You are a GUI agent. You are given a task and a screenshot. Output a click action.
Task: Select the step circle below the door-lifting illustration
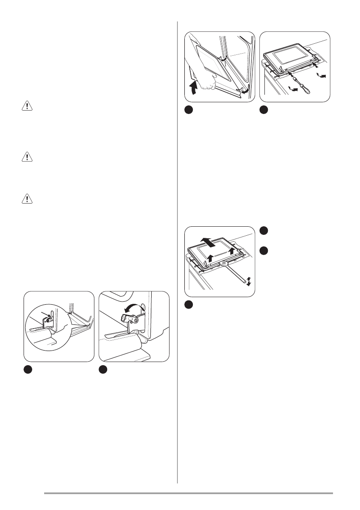pyautogui.click(x=189, y=110)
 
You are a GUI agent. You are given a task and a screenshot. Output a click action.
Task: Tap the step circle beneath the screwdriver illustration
pyautogui.click(x=264, y=110)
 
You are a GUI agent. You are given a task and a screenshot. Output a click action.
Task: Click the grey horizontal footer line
pyautogui.click(x=189, y=493)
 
